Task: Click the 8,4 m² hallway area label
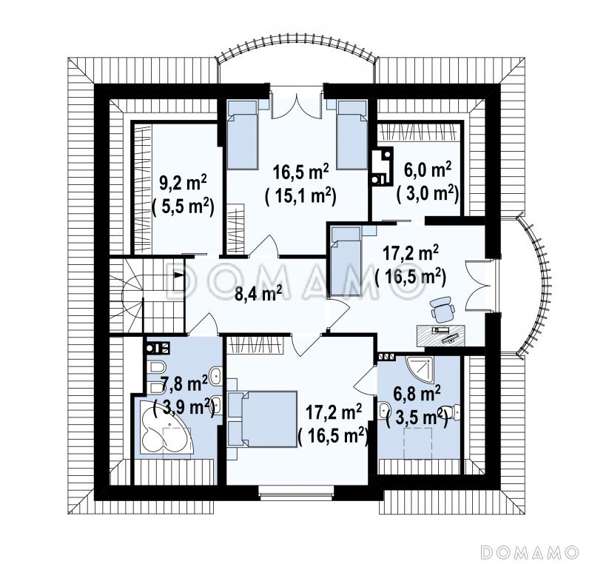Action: pos(258,293)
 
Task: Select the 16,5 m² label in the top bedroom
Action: pos(301,172)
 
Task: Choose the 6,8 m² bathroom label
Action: pos(417,394)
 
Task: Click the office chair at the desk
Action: pos(443,307)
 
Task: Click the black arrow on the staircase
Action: pos(178,275)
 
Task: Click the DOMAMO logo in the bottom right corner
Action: pos(530,551)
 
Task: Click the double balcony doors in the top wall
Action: pos(297,103)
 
